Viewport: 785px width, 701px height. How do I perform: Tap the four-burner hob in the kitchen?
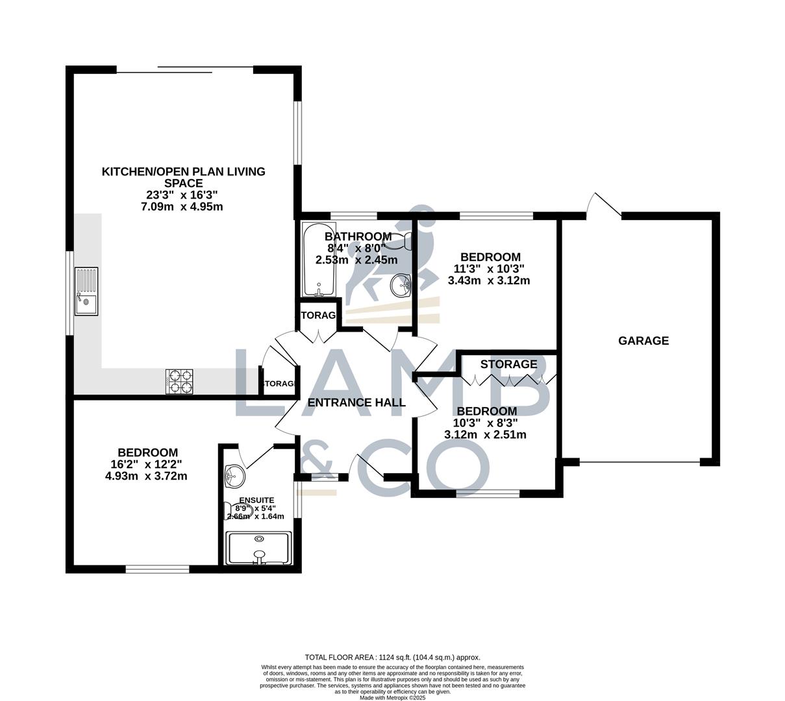[x=181, y=381]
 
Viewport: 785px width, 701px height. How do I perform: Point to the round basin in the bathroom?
[x=401, y=285]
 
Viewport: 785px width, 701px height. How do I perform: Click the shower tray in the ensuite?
[x=258, y=548]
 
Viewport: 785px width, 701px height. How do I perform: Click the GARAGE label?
[x=643, y=341]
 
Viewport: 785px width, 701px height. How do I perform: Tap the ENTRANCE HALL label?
[x=356, y=402]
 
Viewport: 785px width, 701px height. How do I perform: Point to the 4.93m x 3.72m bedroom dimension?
[x=146, y=476]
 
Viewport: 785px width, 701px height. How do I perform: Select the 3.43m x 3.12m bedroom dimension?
[x=489, y=280]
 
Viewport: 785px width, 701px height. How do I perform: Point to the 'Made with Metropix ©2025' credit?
[x=392, y=698]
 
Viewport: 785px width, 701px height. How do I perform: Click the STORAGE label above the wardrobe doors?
[x=508, y=364]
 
